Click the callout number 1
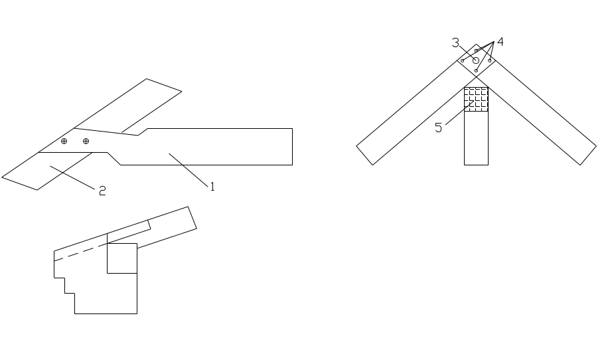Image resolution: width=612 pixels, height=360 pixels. coord(212,187)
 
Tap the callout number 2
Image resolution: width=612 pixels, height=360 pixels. coord(102,191)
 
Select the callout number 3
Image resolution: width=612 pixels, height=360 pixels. coord(456,43)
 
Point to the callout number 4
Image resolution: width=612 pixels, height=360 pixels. coord(500,42)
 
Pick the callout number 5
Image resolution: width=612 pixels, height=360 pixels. coord(439,128)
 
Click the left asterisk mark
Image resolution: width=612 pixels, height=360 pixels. coord(64,141)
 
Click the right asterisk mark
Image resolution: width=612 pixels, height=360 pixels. coord(86,141)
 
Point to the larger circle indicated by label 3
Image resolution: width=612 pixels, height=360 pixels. coord(475,60)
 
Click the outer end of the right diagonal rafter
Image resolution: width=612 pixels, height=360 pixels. coord(586,153)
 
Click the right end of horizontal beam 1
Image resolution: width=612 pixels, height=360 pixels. coord(291,147)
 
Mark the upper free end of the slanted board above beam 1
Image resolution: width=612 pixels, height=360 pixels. coord(163,84)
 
